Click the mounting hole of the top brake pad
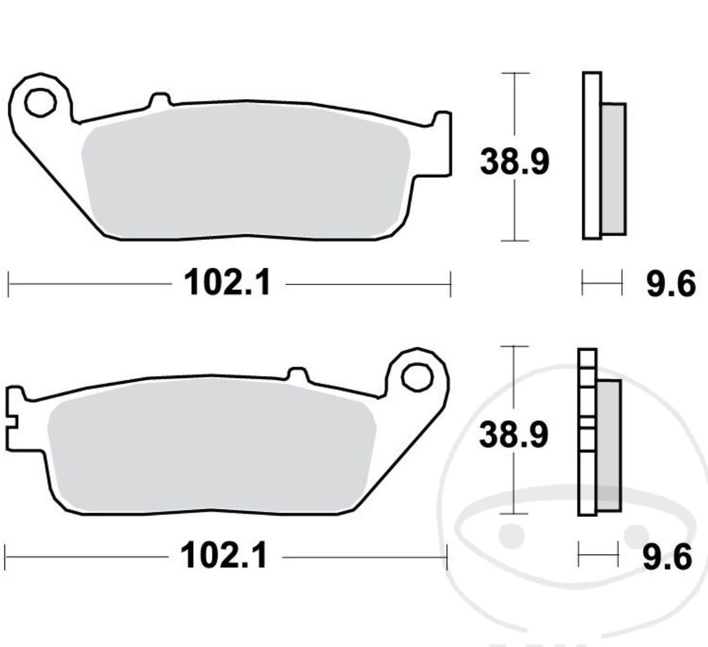click(40, 103)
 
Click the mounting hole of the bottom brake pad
click(415, 376)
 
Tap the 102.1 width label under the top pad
click(228, 284)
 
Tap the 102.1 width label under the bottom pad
click(224, 557)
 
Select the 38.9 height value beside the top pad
click(514, 162)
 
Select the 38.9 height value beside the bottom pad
click(514, 435)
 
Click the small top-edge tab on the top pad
click(160, 99)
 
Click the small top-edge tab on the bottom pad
click(298, 374)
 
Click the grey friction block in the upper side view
click(613, 169)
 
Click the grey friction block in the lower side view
click(608, 445)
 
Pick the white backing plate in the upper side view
click(592, 155)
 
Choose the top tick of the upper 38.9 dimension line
click(515, 73)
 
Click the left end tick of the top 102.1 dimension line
click(9, 284)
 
